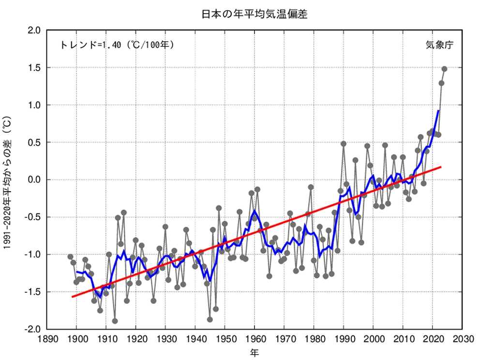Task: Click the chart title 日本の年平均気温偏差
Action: (x=254, y=14)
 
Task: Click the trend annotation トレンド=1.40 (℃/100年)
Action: (x=117, y=45)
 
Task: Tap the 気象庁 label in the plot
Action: (x=439, y=45)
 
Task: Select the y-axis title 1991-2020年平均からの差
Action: (x=7, y=180)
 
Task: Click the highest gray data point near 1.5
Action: (x=444, y=69)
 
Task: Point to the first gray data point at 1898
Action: (x=70, y=256)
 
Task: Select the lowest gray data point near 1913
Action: (x=115, y=321)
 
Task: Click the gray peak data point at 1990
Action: (x=344, y=144)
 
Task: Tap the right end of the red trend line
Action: (x=441, y=167)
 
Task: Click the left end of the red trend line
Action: (x=73, y=297)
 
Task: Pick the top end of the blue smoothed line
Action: (x=438, y=111)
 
